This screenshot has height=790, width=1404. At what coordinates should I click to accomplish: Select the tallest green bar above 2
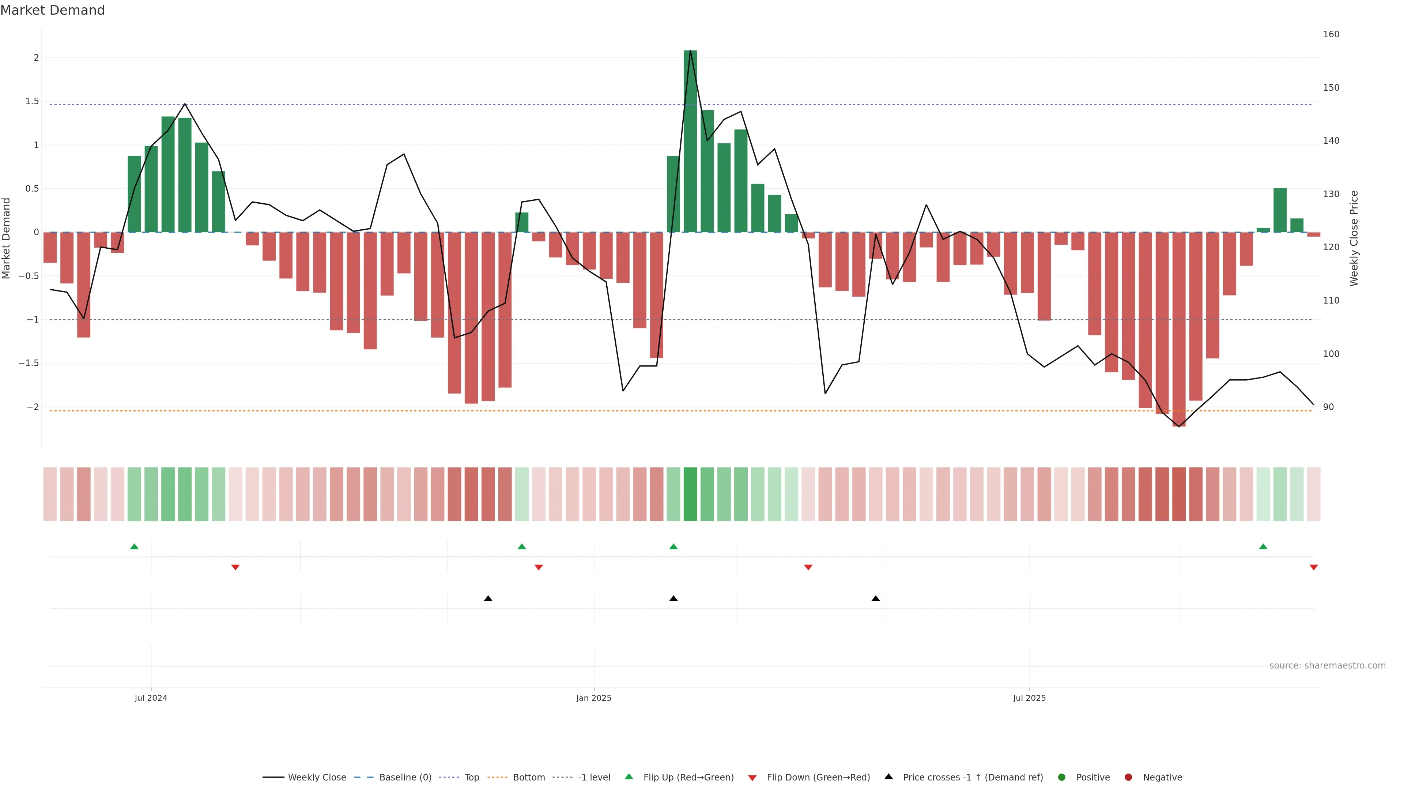click(x=690, y=141)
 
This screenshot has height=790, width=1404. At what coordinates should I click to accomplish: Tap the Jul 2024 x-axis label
click(x=151, y=698)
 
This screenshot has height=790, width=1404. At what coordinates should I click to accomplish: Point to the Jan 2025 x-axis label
click(x=593, y=698)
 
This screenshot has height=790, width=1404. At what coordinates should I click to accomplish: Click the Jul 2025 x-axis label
click(x=1029, y=698)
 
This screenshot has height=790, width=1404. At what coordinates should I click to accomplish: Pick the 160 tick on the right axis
click(x=1331, y=34)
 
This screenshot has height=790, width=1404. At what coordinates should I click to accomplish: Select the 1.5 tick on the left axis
click(x=32, y=101)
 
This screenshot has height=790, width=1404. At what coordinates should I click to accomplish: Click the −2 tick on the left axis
click(x=32, y=407)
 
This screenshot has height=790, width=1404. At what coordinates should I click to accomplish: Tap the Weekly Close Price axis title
click(x=1354, y=238)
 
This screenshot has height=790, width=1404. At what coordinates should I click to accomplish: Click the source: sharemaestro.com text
click(x=1327, y=665)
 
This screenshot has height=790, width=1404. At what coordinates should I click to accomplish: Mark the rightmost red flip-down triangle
click(x=1314, y=568)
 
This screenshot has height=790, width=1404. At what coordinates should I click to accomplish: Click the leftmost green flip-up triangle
click(x=135, y=546)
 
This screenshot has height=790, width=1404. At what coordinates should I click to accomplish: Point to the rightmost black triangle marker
click(x=875, y=599)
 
